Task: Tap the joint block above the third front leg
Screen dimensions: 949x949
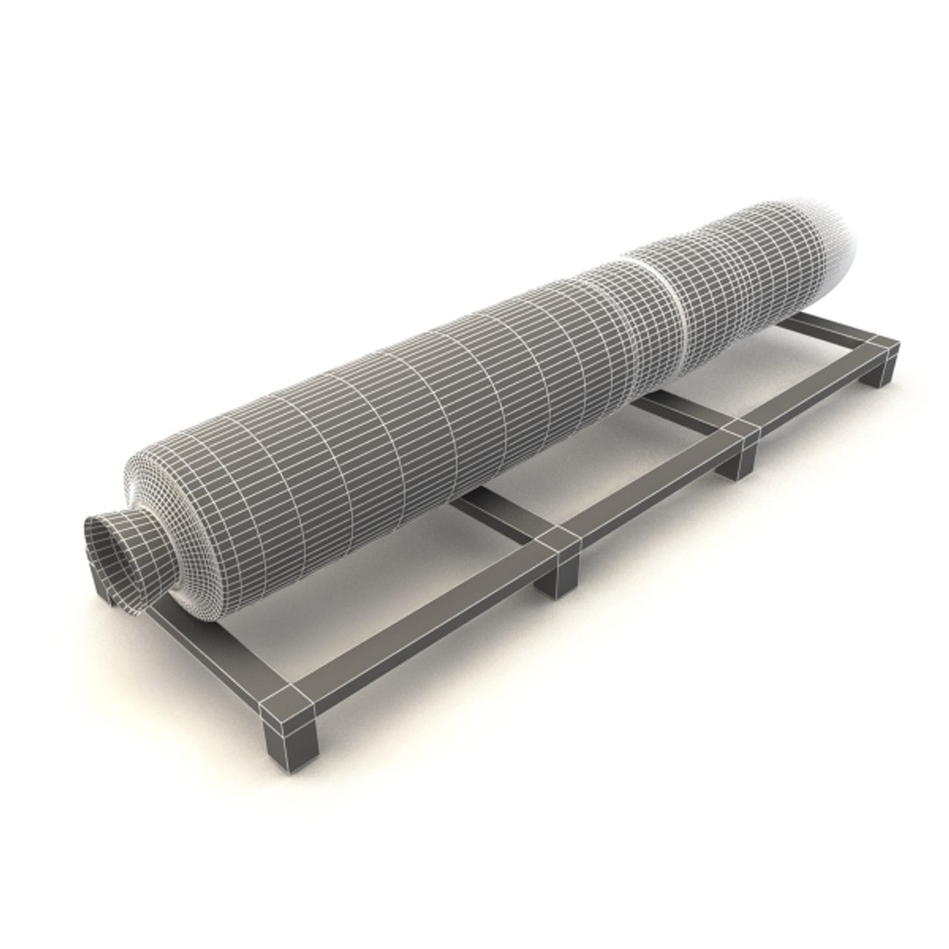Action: pos(740,431)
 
